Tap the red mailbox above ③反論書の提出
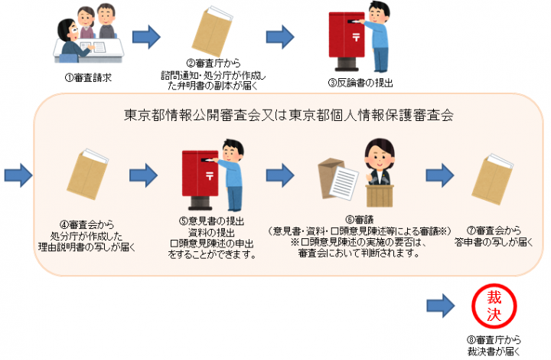[x=344, y=37]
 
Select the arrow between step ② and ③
[x=280, y=36]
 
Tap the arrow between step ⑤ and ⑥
[x=280, y=175]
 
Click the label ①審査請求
[x=90, y=77]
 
